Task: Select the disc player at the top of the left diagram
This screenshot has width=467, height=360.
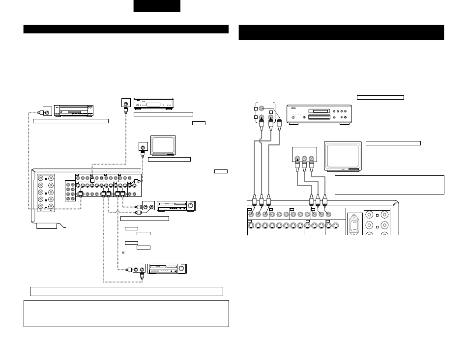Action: click(154, 104)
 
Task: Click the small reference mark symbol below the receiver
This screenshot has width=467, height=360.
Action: click(122, 253)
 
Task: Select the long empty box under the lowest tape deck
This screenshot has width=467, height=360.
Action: click(126, 291)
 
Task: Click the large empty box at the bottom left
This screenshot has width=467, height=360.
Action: click(126, 313)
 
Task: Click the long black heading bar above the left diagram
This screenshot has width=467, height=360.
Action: click(126, 29)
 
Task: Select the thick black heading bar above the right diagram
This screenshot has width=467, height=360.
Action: click(341, 32)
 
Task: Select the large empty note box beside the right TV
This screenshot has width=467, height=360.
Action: click(389, 185)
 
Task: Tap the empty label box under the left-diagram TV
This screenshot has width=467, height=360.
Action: click(169, 159)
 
